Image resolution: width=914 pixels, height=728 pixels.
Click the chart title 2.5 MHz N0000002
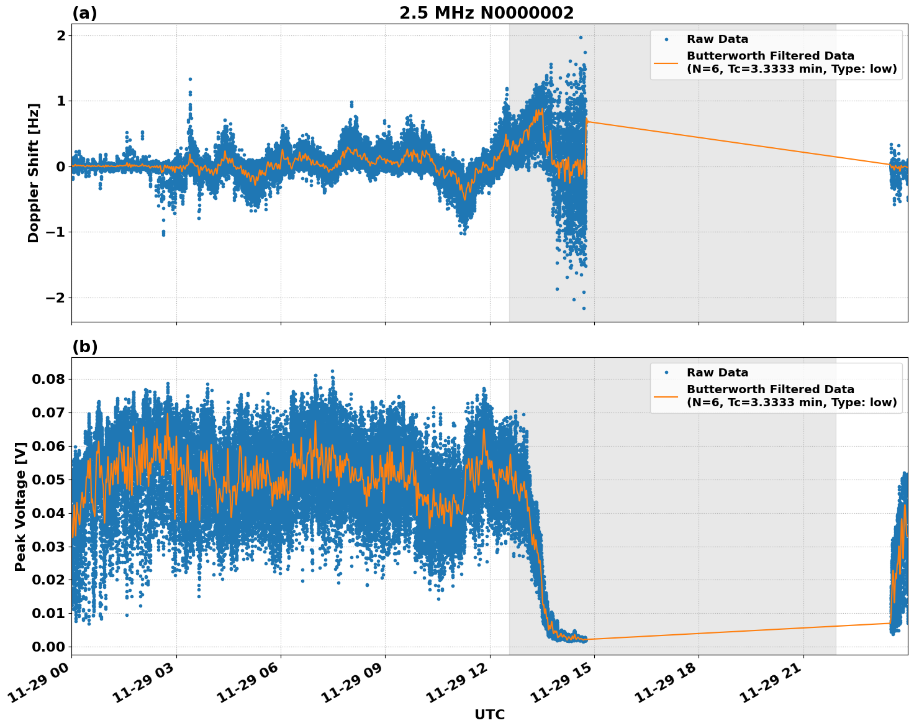point(486,13)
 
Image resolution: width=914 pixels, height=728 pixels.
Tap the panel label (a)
point(84,13)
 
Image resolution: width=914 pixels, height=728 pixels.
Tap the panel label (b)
point(84,347)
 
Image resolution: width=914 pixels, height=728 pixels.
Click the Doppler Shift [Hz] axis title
point(34,173)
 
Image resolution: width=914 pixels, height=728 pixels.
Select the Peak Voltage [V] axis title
point(20,506)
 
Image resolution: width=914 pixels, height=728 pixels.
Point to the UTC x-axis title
point(489,714)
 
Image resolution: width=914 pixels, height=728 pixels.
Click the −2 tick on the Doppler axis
point(55,298)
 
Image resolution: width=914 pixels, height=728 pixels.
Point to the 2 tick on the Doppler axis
point(60,35)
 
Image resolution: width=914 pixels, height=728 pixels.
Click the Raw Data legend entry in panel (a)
point(717,39)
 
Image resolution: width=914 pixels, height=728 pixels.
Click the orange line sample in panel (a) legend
point(666,63)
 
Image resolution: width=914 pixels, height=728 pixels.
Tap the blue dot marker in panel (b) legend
point(666,373)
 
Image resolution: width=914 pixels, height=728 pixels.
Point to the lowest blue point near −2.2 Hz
point(584,308)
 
